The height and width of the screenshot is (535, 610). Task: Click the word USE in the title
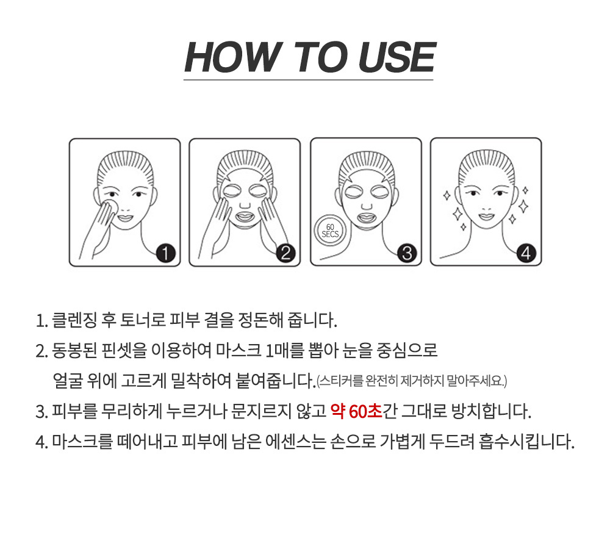(x=397, y=57)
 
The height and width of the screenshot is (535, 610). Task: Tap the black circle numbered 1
(x=166, y=253)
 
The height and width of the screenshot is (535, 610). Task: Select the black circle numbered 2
(x=286, y=253)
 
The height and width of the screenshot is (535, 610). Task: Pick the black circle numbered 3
(x=407, y=253)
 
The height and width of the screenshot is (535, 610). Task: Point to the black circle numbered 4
(x=526, y=253)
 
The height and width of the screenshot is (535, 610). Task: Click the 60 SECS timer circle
(x=330, y=231)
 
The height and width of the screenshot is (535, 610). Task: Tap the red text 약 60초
(x=356, y=411)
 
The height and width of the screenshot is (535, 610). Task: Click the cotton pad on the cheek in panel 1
(x=112, y=207)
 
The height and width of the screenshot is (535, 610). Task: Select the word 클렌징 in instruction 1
(x=74, y=320)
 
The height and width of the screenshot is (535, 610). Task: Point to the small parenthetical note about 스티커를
(x=412, y=380)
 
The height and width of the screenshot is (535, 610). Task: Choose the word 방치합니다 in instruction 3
(x=491, y=411)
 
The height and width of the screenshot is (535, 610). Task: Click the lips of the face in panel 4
(x=486, y=215)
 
